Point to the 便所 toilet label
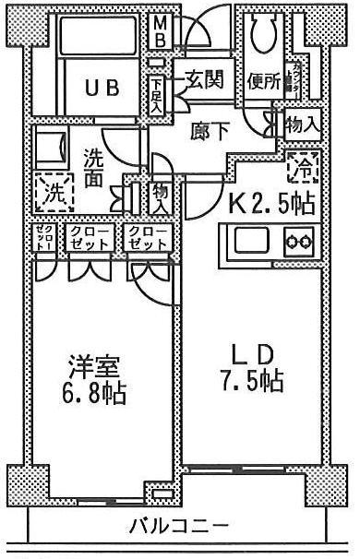pyautogui.click(x=263, y=81)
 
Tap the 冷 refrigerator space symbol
pyautogui.click(x=302, y=166)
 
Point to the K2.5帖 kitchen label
pyautogui.click(x=261, y=202)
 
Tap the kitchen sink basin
pyautogui.click(x=249, y=244)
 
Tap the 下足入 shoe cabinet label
pyautogui.click(x=158, y=95)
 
